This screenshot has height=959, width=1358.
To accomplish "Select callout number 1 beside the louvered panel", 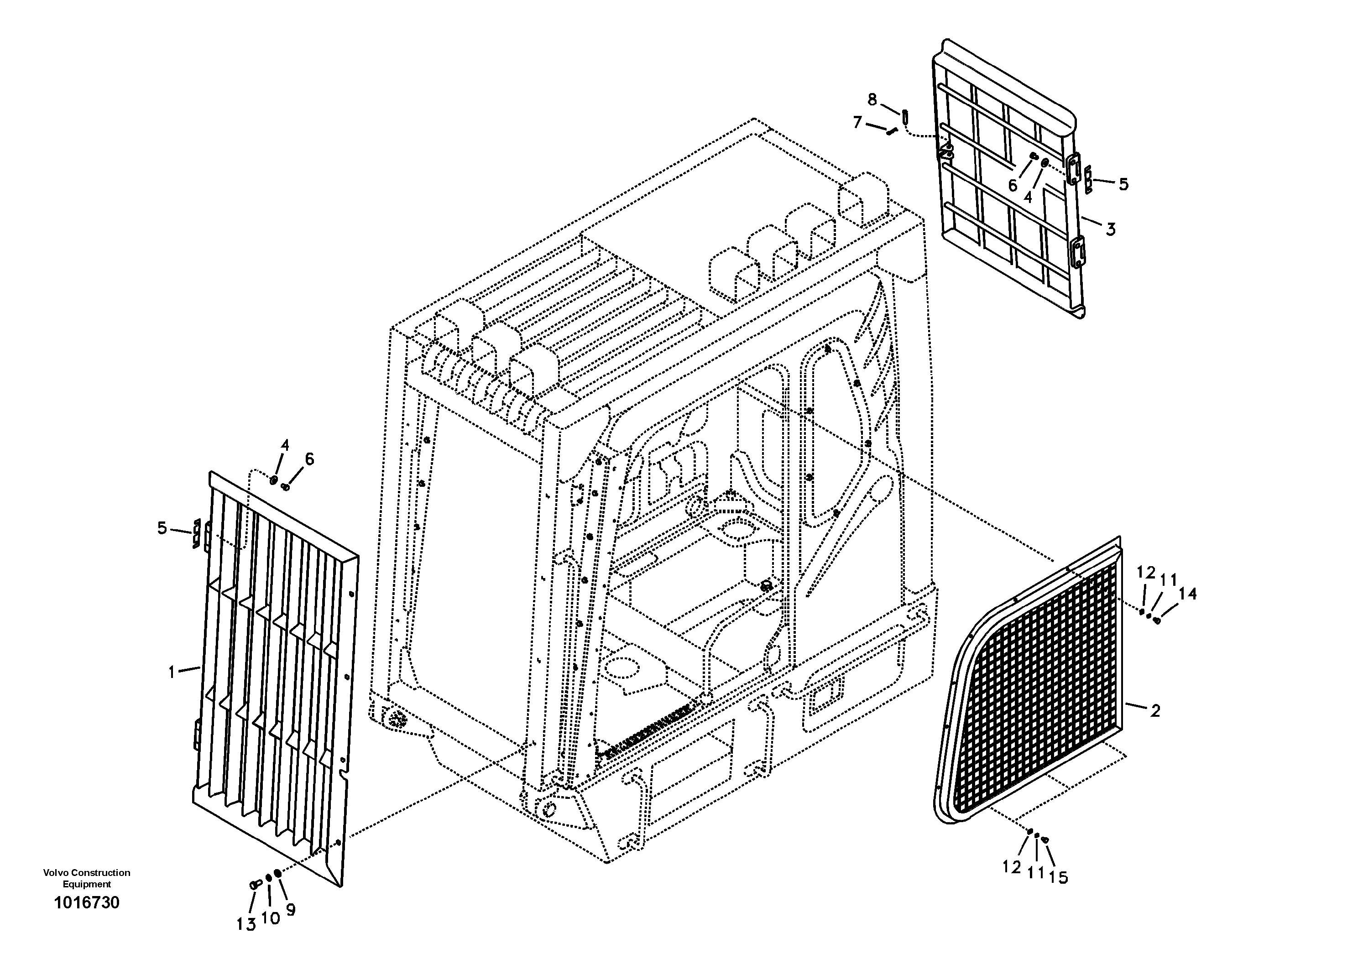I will click(172, 672).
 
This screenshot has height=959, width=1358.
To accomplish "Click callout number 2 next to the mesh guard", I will click(1155, 711).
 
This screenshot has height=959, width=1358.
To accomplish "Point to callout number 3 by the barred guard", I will click(1110, 229).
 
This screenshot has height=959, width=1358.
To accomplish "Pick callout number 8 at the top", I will click(872, 99).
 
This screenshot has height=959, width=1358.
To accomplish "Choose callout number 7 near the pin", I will click(857, 122).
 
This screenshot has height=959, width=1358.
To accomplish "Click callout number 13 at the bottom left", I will click(246, 925).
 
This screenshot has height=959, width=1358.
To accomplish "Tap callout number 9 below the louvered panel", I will click(290, 911).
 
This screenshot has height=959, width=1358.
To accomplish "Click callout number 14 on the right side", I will click(1187, 594).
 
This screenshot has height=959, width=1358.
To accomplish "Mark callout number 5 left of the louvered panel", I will click(162, 527).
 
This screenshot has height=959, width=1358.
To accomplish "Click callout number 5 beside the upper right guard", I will click(1123, 184).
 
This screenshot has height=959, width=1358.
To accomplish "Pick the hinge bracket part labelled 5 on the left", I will click(196, 534).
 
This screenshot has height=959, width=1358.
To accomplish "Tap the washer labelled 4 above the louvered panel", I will click(273, 480).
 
